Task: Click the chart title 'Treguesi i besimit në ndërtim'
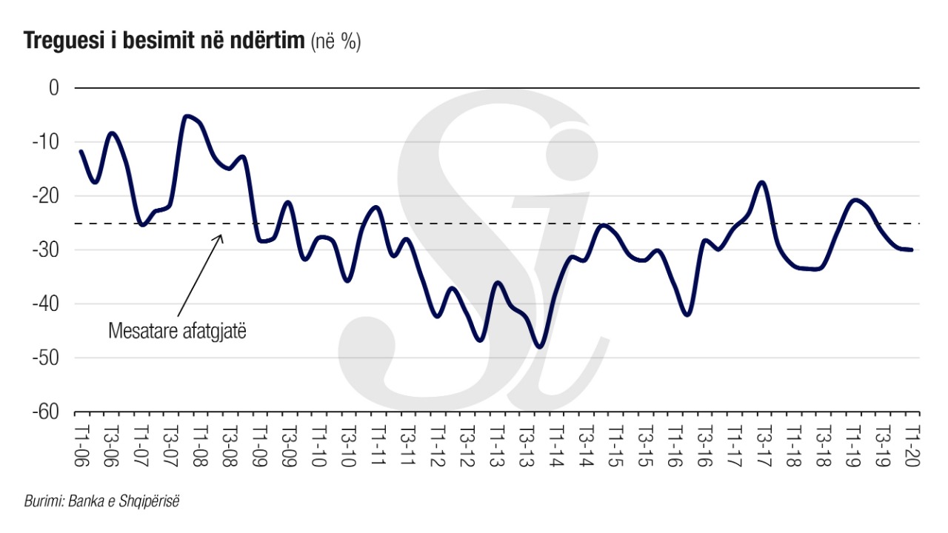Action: click(x=164, y=42)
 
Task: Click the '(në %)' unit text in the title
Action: click(x=336, y=43)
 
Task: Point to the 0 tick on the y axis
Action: click(x=53, y=88)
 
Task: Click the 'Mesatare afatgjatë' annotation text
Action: click(x=176, y=330)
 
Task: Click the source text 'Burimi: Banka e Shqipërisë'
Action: click(x=103, y=501)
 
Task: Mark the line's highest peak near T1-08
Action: click(x=187, y=115)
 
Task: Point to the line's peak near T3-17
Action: click(x=762, y=181)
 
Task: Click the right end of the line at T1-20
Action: click(x=911, y=250)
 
